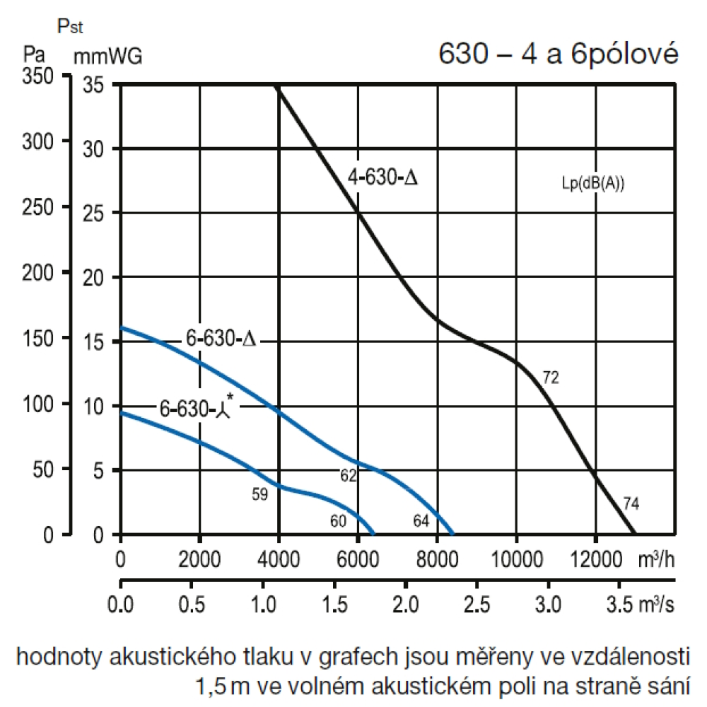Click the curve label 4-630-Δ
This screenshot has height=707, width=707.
tap(382, 177)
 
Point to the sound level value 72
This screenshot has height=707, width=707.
tap(551, 378)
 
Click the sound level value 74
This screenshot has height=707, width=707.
tap(631, 504)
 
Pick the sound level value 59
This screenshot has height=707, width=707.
tap(260, 495)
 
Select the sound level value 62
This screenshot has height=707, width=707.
tap(348, 477)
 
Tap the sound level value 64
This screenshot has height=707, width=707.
tap(421, 521)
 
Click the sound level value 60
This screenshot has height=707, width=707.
tap(338, 521)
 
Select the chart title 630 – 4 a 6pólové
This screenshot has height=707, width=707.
tap(558, 54)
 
